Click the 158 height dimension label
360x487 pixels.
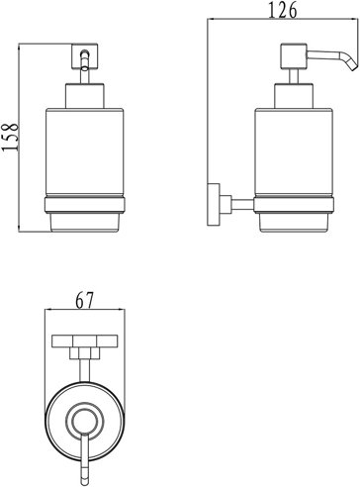click(x=10, y=138)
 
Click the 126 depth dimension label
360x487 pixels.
click(x=283, y=10)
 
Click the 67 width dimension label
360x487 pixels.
click(x=85, y=300)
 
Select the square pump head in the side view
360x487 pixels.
click(x=294, y=56)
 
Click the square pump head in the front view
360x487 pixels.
click(x=85, y=56)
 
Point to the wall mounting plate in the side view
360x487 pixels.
click(x=214, y=204)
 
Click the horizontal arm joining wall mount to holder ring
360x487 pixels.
click(x=242, y=205)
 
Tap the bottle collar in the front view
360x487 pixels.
click(x=85, y=96)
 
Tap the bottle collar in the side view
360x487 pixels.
click(x=294, y=96)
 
